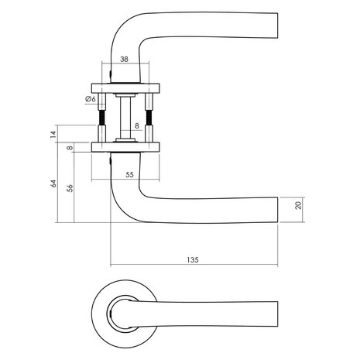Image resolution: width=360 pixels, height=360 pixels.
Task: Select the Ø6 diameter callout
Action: (90, 98)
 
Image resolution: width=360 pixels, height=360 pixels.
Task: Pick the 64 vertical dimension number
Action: (53, 183)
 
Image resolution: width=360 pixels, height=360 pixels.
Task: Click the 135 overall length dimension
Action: (193, 260)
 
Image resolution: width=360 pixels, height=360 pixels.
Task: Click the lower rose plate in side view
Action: (125, 146)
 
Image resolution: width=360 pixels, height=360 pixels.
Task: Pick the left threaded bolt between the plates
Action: (102, 116)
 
